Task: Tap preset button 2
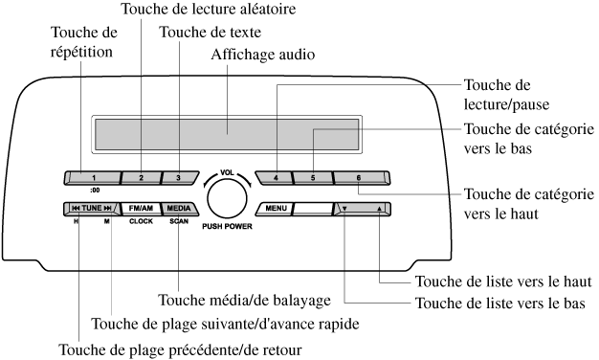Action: (141, 178)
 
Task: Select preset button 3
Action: (180, 178)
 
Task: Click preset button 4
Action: (275, 178)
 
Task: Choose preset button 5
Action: (313, 178)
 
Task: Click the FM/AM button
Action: (141, 209)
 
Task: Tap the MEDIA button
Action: (180, 209)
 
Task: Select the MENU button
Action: (275, 209)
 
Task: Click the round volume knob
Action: (227, 199)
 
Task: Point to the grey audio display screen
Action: (227, 135)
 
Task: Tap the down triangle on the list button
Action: (344, 209)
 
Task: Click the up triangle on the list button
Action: (379, 209)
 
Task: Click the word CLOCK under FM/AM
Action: (141, 221)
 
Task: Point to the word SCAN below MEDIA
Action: (179, 221)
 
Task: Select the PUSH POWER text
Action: (228, 226)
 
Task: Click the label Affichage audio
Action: (263, 55)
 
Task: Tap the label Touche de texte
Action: (211, 33)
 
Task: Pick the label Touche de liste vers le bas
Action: (500, 304)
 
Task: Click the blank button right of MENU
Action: (313, 209)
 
